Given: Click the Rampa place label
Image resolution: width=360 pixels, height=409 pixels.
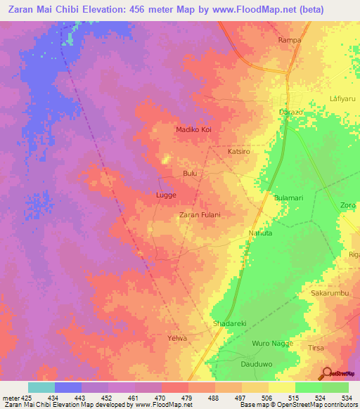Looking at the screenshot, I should [290, 40].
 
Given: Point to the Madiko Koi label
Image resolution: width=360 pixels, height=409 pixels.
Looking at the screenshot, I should [193, 129].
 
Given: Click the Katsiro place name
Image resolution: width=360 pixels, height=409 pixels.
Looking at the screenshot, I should [239, 151].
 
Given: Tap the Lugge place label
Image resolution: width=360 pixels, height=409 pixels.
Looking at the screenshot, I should [165, 195].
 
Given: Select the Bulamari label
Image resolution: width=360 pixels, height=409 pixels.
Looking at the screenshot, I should [288, 198].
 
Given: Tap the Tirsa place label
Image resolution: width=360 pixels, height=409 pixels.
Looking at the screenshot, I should [318, 348].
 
